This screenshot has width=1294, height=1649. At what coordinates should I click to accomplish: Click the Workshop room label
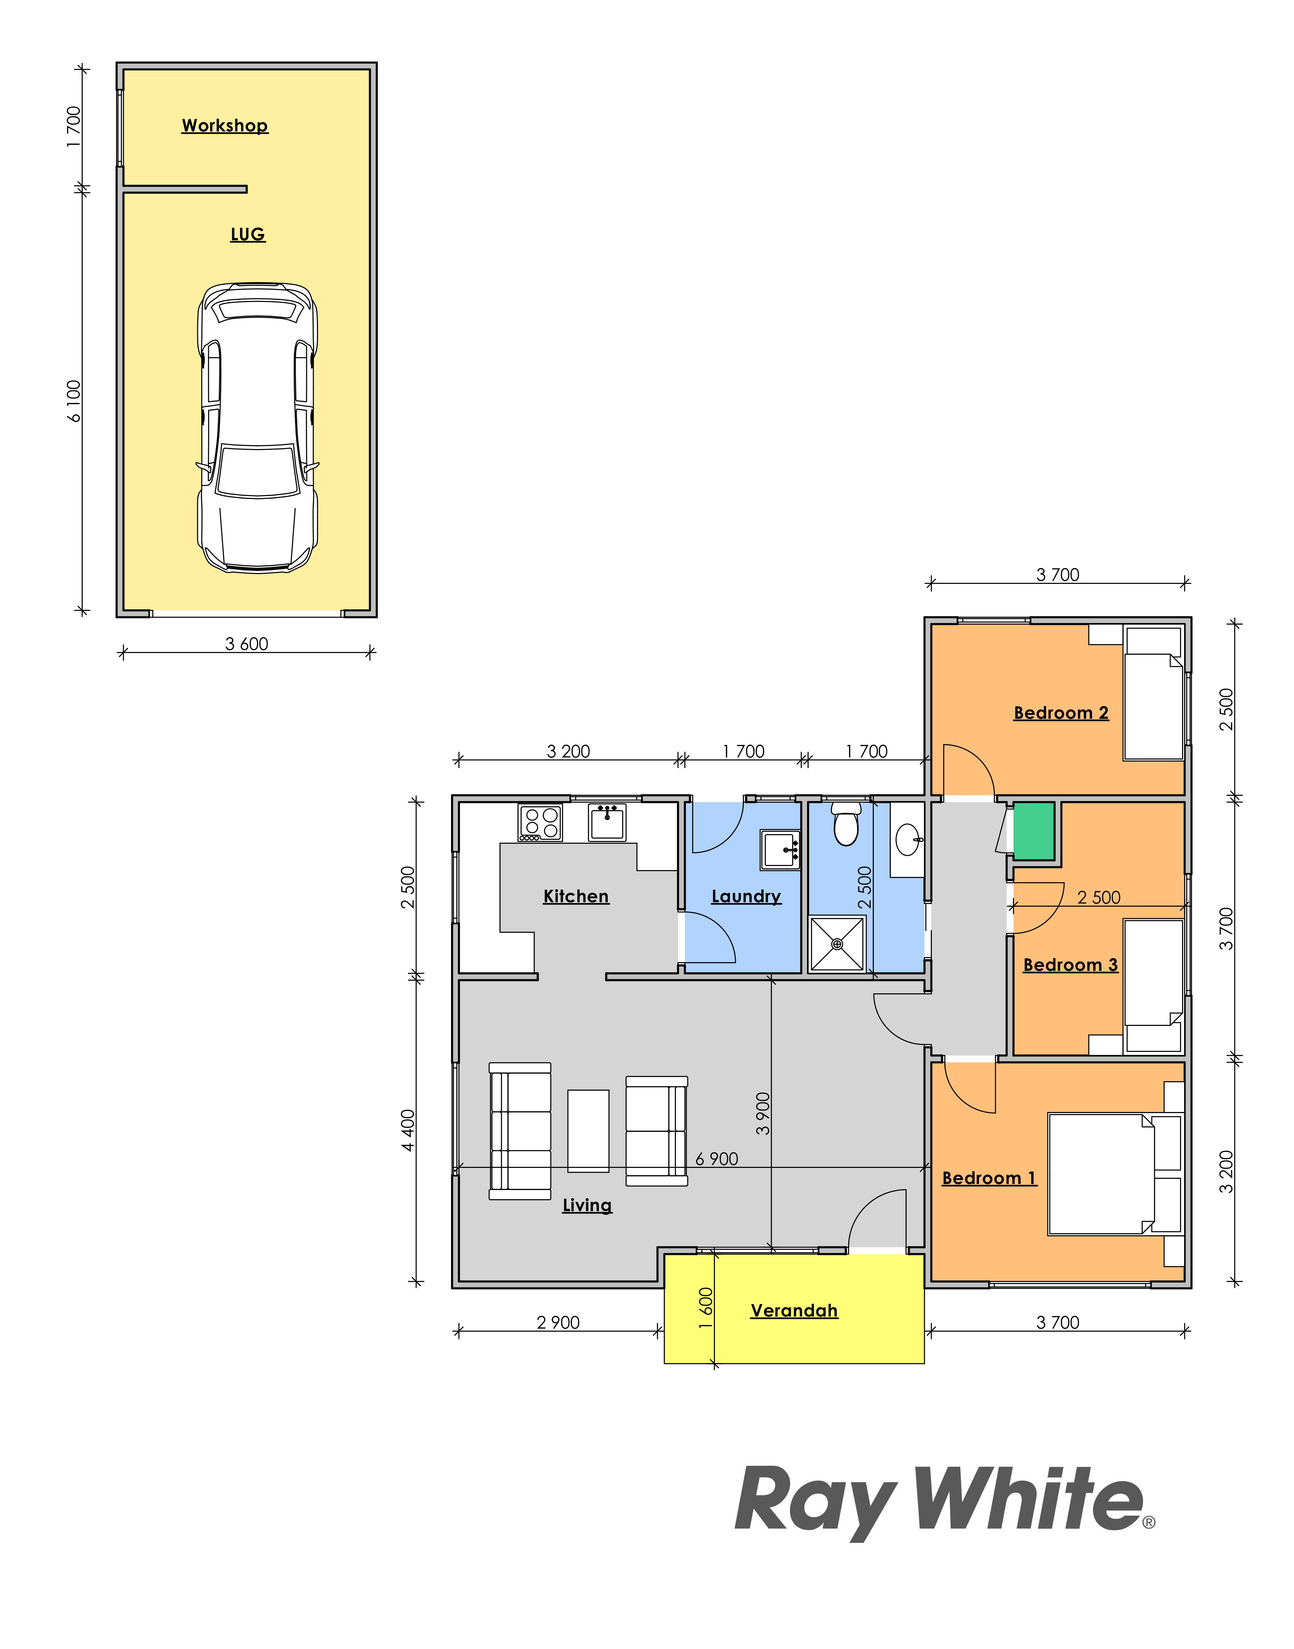(225, 126)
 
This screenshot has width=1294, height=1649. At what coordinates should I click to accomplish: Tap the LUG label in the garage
(248, 234)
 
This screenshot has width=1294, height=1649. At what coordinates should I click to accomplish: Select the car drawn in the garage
(258, 428)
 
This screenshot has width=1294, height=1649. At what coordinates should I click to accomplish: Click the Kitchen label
(576, 897)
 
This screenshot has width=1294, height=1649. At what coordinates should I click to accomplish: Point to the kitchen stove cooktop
(540, 823)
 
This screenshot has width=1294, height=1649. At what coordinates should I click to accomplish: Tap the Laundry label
(746, 897)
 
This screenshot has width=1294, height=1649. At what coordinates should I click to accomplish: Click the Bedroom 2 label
(1061, 713)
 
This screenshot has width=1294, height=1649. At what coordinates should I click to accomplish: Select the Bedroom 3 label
(1070, 965)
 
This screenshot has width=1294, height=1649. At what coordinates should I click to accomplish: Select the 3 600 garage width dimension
(247, 644)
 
